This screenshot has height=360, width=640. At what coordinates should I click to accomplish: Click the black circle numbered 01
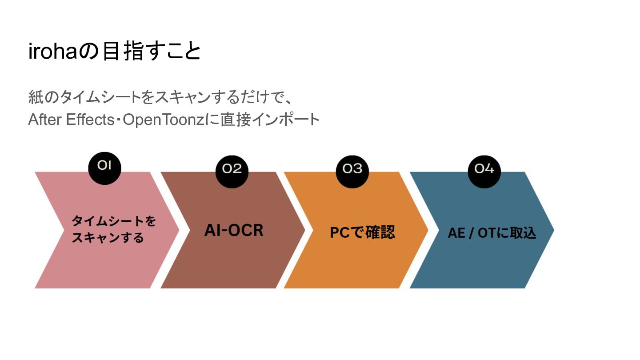104,167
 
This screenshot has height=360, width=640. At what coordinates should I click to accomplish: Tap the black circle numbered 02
232,169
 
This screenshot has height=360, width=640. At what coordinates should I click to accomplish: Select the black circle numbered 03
352,169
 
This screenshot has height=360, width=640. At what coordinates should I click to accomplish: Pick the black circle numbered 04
484,169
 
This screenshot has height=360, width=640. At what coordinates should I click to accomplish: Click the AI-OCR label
234,230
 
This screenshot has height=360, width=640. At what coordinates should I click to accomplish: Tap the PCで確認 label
362,232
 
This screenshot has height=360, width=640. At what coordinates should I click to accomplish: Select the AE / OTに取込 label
492,233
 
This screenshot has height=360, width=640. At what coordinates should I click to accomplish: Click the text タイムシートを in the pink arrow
114,221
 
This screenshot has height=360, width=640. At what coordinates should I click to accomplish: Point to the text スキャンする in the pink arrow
108,238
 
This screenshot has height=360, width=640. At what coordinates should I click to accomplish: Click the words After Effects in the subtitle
72,120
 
